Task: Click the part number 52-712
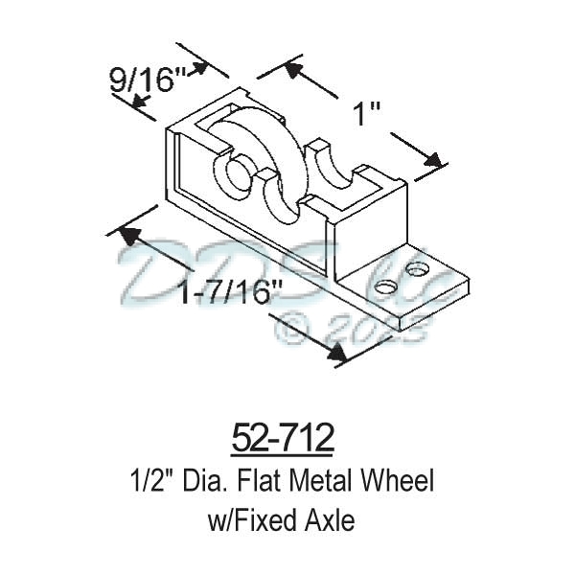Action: coord(283,439)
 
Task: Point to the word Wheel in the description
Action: coord(401,480)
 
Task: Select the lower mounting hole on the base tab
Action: coord(384,286)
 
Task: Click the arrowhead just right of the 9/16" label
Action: coord(198,69)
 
